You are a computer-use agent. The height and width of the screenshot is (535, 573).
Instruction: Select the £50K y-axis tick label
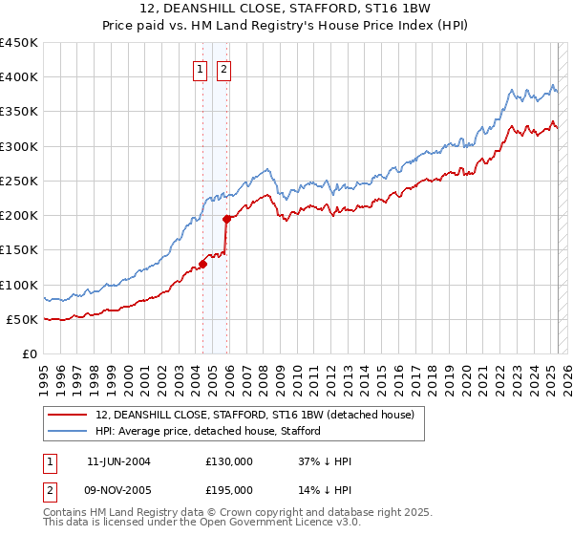[x=23, y=319]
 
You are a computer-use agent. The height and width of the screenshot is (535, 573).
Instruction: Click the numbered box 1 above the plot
[x=201, y=69]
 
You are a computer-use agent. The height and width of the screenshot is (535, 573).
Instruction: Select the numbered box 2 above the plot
[x=223, y=69]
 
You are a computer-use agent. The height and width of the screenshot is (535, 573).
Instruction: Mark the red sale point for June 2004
[x=203, y=264]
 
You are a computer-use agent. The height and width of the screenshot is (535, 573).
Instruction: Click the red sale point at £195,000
[x=227, y=219]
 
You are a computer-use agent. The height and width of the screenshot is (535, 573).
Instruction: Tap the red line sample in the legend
[x=68, y=415]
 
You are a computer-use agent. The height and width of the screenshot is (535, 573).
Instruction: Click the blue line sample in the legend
[x=68, y=431]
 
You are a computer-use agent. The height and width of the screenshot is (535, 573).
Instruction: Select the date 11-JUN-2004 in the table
[x=118, y=461]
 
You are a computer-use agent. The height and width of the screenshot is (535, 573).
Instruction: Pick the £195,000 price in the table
[x=229, y=489]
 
